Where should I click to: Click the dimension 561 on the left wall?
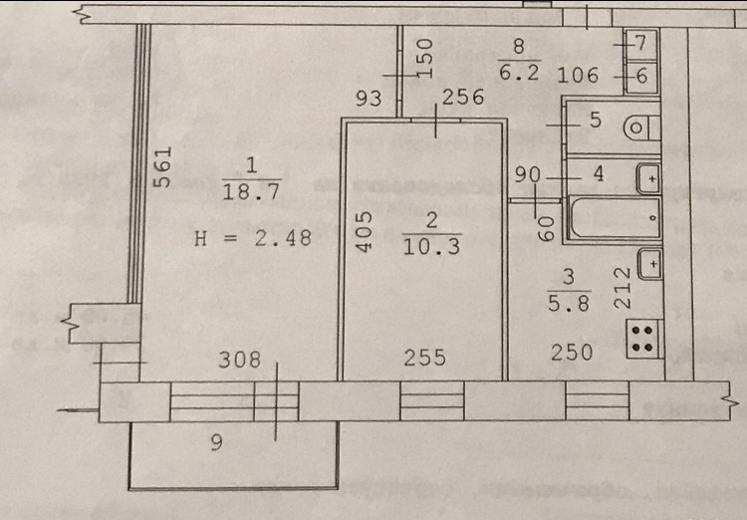pos(165,167)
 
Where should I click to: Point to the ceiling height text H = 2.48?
pos(251,238)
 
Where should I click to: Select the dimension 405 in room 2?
pos(365,230)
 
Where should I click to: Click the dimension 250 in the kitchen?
pos(572,352)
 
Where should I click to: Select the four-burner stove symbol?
pos(642,340)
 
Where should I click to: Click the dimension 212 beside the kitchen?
pos(620,286)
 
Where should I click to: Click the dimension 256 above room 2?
pos(462,98)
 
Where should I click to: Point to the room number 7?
pos(641,43)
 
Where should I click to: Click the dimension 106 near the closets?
pos(580,75)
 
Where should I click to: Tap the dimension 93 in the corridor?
pos(370,98)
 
